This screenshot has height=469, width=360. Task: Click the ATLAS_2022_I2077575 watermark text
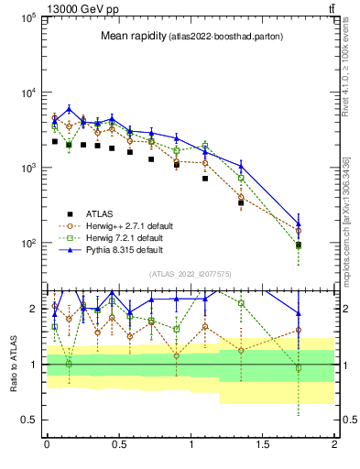[x=189, y=274]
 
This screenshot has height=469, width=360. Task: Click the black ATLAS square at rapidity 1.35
[x=241, y=202]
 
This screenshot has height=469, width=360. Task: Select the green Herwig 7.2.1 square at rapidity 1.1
[x=205, y=145]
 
